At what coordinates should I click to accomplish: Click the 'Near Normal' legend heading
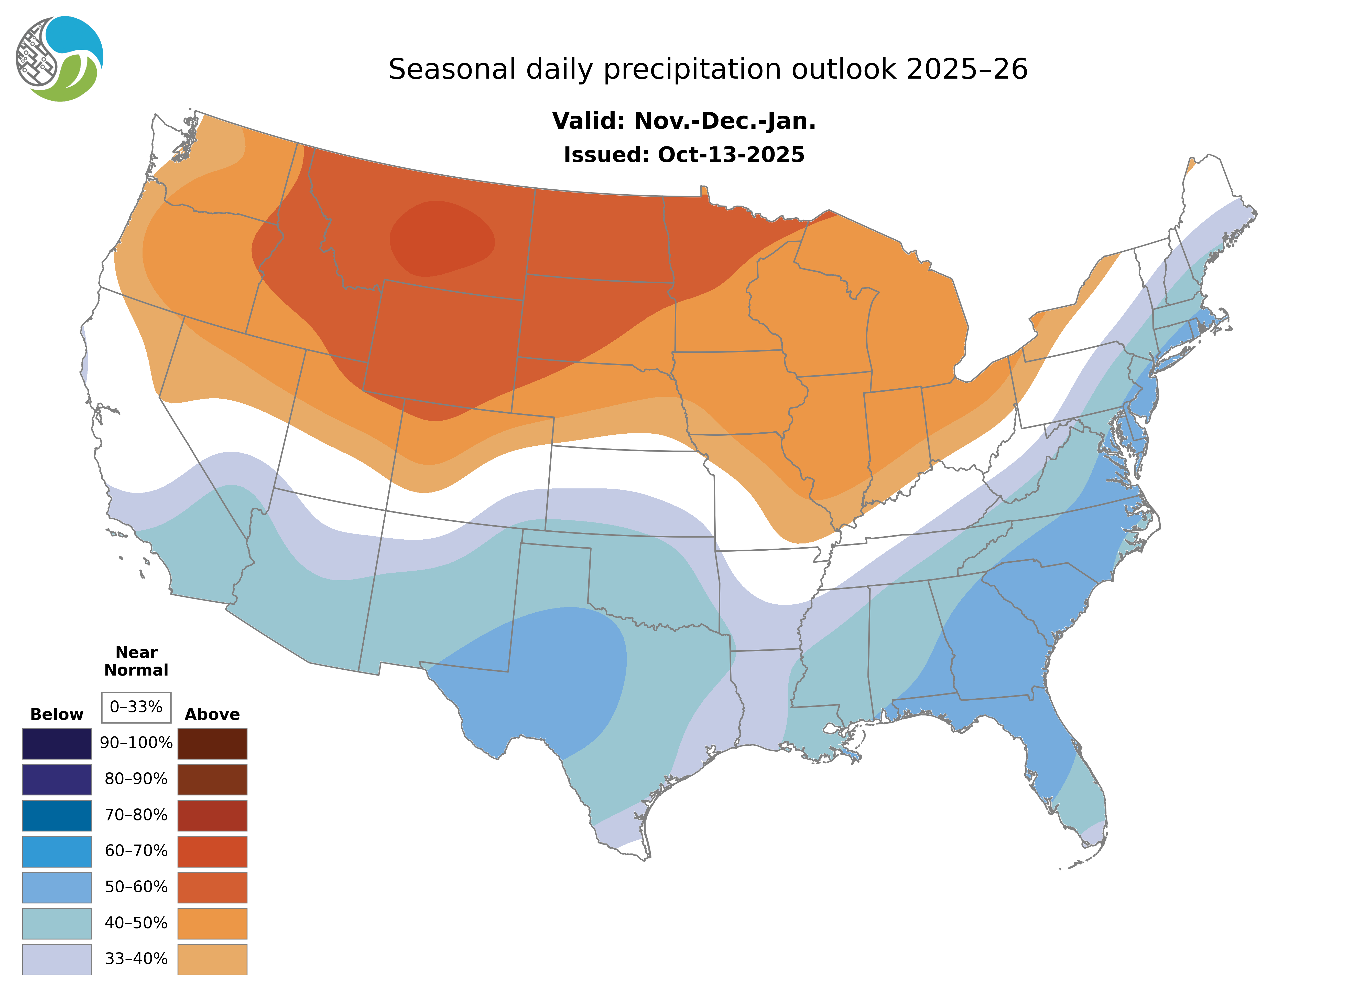point(136,661)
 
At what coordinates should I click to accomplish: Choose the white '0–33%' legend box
point(136,707)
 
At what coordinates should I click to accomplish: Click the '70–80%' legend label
point(136,815)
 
